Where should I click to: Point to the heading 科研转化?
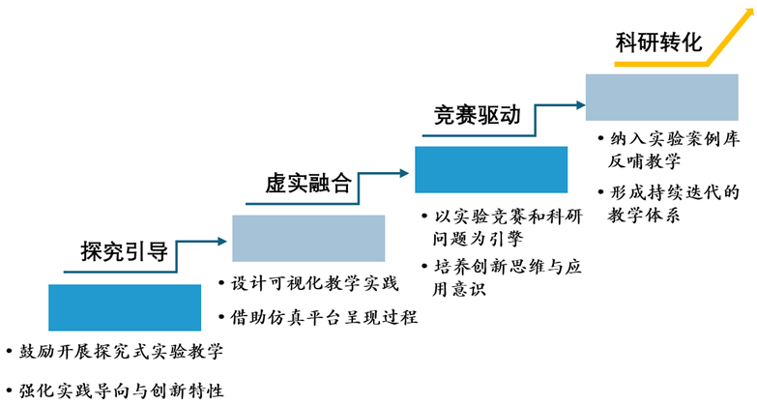point(658,43)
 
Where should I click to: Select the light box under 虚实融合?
point(308,238)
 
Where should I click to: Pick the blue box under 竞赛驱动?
point(490,169)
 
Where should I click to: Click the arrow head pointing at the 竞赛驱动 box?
point(407,175)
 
